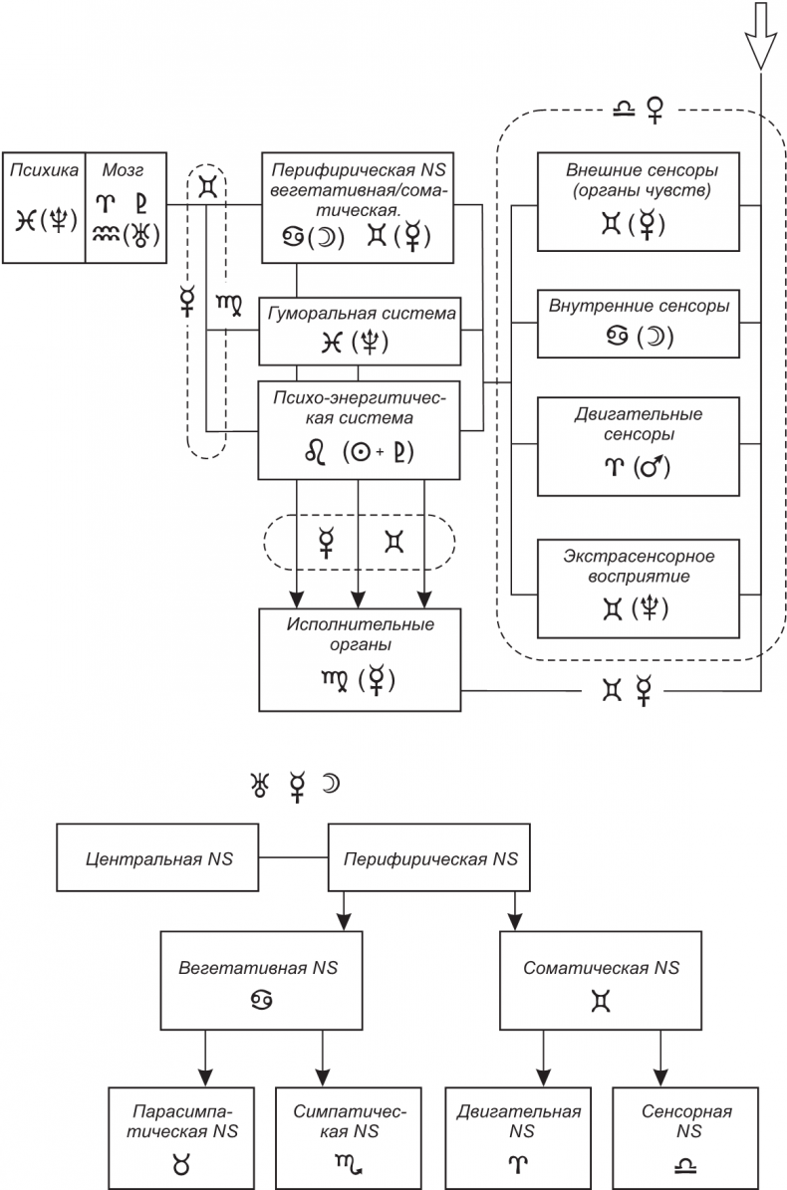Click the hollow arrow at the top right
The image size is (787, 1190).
click(x=761, y=35)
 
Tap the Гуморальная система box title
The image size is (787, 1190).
click(x=362, y=313)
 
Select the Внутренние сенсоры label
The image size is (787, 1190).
click(x=639, y=307)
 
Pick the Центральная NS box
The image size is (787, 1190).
click(x=158, y=858)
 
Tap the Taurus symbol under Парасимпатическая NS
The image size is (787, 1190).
click(x=180, y=1161)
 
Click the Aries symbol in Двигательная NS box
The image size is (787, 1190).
click(x=519, y=1161)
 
